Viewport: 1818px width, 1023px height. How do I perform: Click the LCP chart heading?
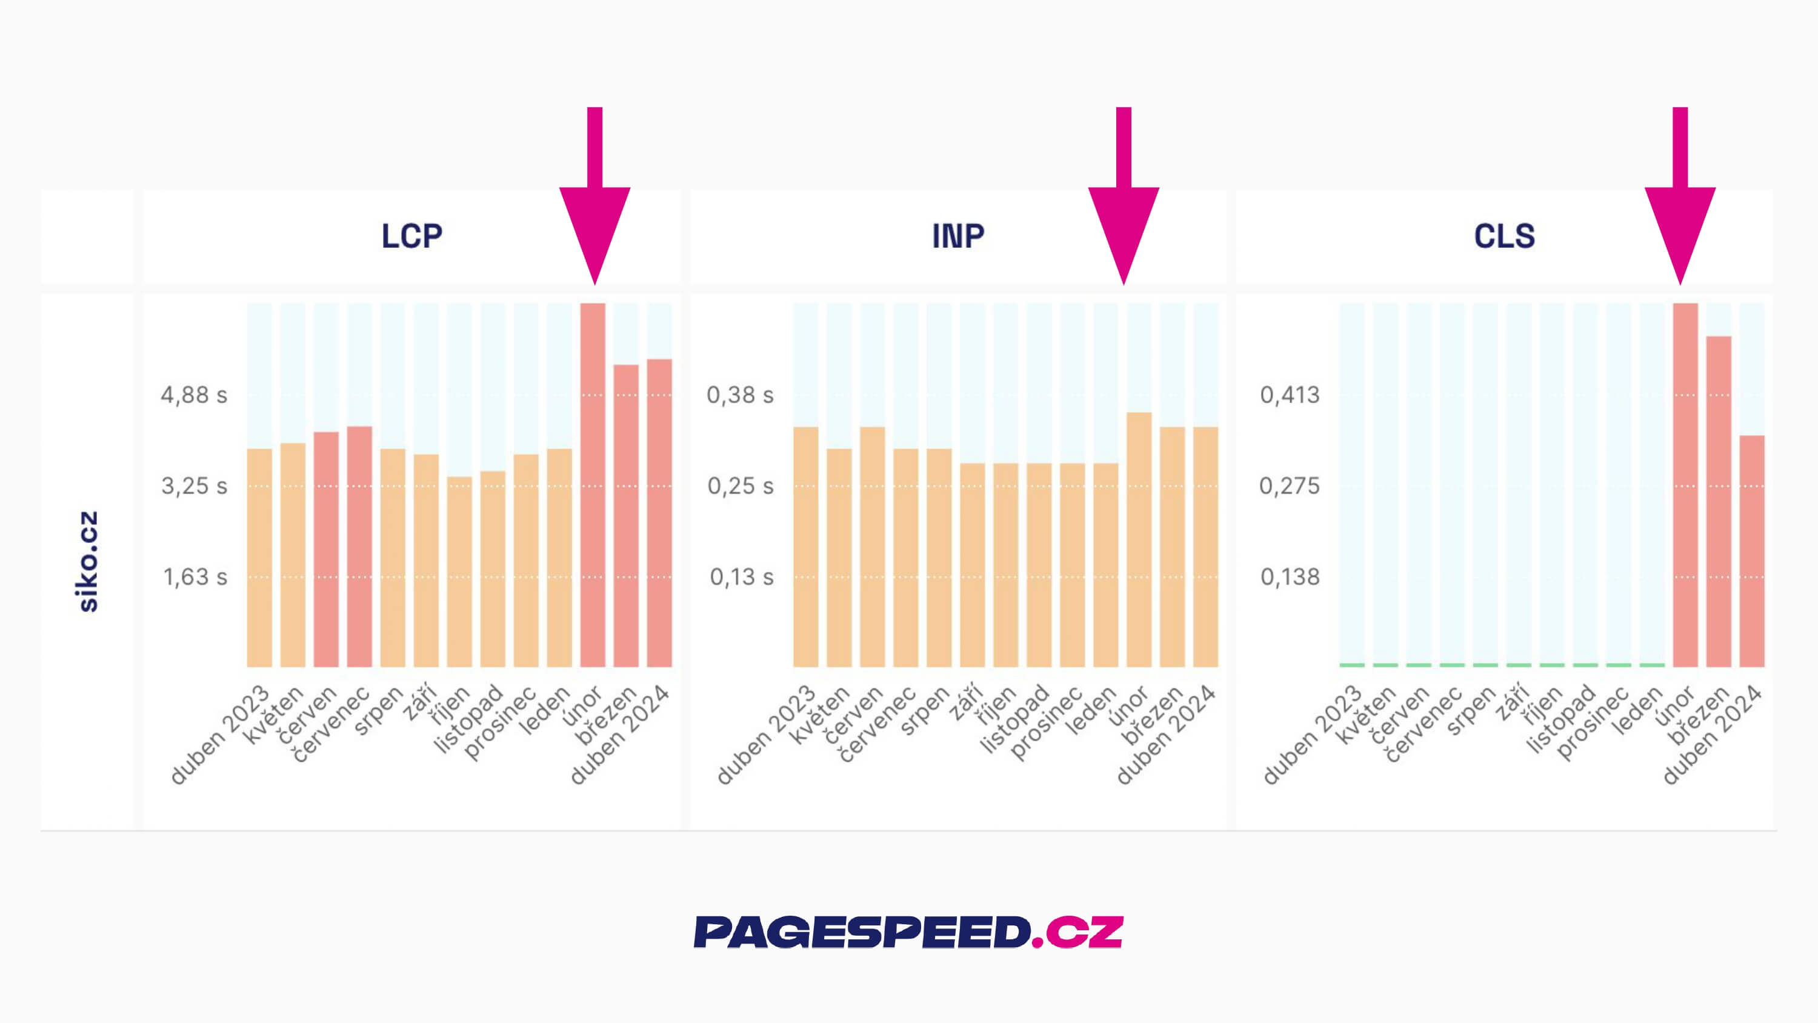411,236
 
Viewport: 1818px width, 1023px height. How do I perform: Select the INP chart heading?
957,236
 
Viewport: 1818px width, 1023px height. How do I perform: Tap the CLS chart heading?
1504,236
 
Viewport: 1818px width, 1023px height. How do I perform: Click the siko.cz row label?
87,561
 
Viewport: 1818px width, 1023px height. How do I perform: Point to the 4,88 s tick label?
194,395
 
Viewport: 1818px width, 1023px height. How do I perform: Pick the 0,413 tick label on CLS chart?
1290,395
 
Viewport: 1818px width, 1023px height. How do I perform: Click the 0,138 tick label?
1290,577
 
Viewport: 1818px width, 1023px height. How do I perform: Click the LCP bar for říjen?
459,572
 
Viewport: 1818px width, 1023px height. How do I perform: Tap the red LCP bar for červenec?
359,547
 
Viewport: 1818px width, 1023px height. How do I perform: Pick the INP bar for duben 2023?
806,547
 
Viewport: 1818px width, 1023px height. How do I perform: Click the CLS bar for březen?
1719,501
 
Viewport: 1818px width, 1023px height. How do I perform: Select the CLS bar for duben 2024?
1752,551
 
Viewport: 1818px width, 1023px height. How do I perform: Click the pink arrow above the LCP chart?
594,205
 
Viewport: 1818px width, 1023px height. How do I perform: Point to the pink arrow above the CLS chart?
1680,205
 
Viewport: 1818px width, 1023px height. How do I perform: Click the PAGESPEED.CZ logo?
908,932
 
